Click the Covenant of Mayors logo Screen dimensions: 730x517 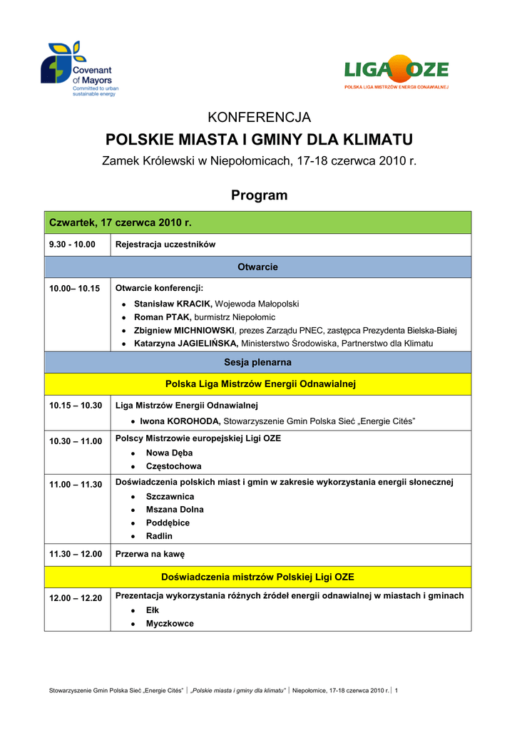coord(79,69)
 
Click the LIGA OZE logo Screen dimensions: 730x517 coord(396,72)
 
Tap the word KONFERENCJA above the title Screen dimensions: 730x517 coord(258,117)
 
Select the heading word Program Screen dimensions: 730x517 coord(259,195)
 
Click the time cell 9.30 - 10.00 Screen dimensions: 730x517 coord(72,245)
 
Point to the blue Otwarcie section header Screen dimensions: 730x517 coord(257,267)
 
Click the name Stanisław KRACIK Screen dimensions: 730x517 coord(173,304)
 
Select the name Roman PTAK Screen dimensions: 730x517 coord(163,317)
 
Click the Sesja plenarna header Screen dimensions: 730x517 coord(257,362)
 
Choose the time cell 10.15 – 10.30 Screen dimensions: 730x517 coord(76,406)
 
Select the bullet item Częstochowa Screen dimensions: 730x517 coord(173,466)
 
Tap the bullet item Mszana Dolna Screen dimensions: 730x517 coord(175,510)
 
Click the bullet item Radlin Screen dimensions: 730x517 coord(159,536)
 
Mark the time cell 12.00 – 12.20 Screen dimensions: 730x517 coord(76,598)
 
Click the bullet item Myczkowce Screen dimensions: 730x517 coord(170,623)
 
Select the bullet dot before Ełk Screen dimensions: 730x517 coord(134,611)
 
